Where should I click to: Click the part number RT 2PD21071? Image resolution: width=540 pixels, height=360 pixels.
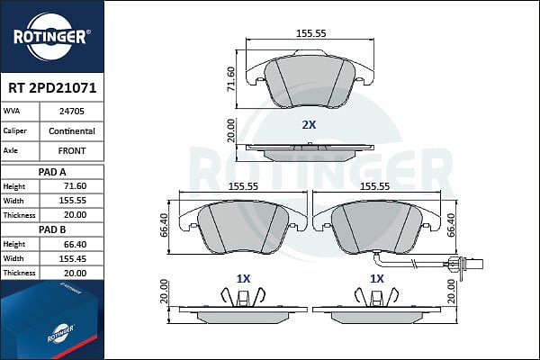tap(52, 88)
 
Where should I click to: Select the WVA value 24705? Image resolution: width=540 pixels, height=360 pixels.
tap(72, 112)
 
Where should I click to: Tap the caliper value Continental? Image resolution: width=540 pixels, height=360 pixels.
tap(72, 131)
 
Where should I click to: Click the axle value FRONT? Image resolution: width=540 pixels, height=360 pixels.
tap(72, 151)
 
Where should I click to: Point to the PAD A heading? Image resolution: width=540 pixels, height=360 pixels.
tap(52, 172)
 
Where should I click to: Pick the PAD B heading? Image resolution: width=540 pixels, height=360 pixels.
tap(52, 229)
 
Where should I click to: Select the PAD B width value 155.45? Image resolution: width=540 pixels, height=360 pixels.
tap(72, 258)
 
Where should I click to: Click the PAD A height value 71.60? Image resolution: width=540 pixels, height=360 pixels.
tap(75, 186)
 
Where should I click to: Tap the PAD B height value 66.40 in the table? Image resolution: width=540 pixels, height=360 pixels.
tap(75, 244)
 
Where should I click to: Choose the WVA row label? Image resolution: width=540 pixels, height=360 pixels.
tap(12, 111)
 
